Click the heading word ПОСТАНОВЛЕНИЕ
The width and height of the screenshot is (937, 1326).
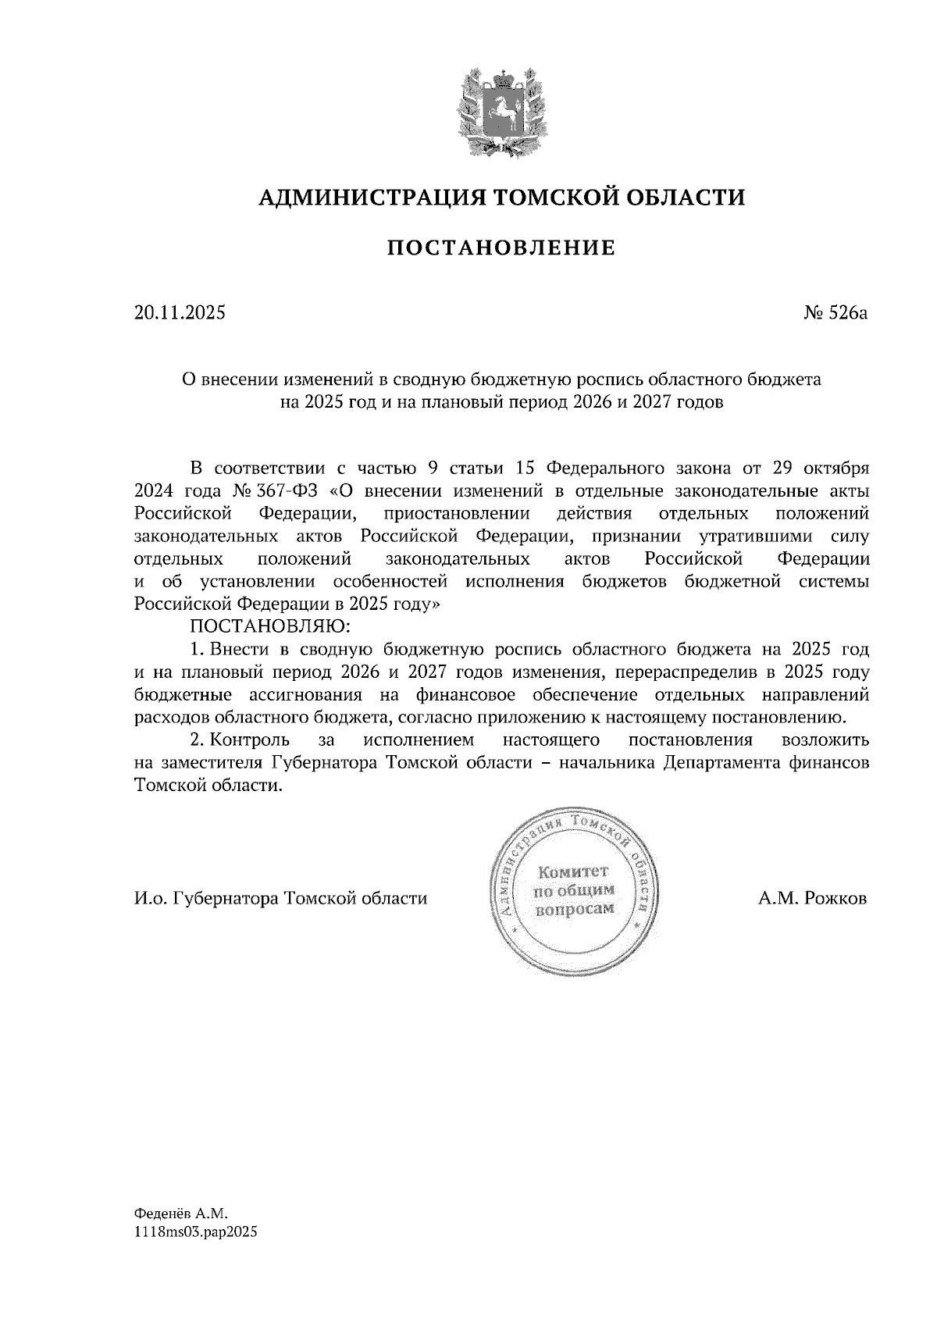click(x=501, y=248)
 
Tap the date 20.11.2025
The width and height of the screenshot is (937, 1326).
click(x=179, y=313)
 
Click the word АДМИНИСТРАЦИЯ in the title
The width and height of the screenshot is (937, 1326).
click(x=364, y=198)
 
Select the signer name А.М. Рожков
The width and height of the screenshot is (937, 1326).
click(x=812, y=898)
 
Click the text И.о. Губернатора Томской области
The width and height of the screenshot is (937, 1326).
click(x=280, y=898)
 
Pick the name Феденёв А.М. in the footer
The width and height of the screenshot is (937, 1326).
click(x=180, y=1214)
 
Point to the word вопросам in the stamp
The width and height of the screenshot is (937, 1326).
click(x=574, y=910)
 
